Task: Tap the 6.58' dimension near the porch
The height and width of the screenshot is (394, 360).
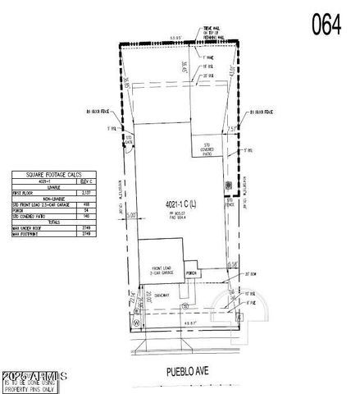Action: pyautogui.click(x=233, y=264)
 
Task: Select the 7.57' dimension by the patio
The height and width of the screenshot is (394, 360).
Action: pyautogui.click(x=232, y=128)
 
